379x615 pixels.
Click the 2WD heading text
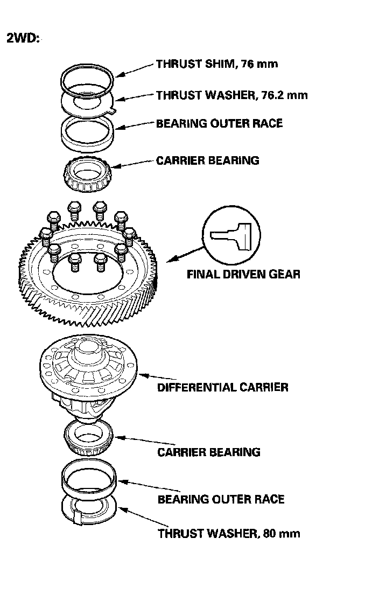pos(23,39)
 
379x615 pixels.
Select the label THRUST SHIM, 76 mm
pos(216,64)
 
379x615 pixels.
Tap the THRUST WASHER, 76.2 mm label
pos(231,95)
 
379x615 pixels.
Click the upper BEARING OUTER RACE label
pos(219,123)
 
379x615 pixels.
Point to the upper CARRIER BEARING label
pos(207,160)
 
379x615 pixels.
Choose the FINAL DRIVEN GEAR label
pos(243,274)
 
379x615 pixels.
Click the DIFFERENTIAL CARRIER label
pos(222,387)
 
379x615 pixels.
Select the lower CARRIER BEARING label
pos(208,452)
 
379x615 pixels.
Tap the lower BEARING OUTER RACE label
pos(221,499)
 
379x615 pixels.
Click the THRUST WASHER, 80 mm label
pos(229,534)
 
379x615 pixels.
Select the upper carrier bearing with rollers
pos(87,174)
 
